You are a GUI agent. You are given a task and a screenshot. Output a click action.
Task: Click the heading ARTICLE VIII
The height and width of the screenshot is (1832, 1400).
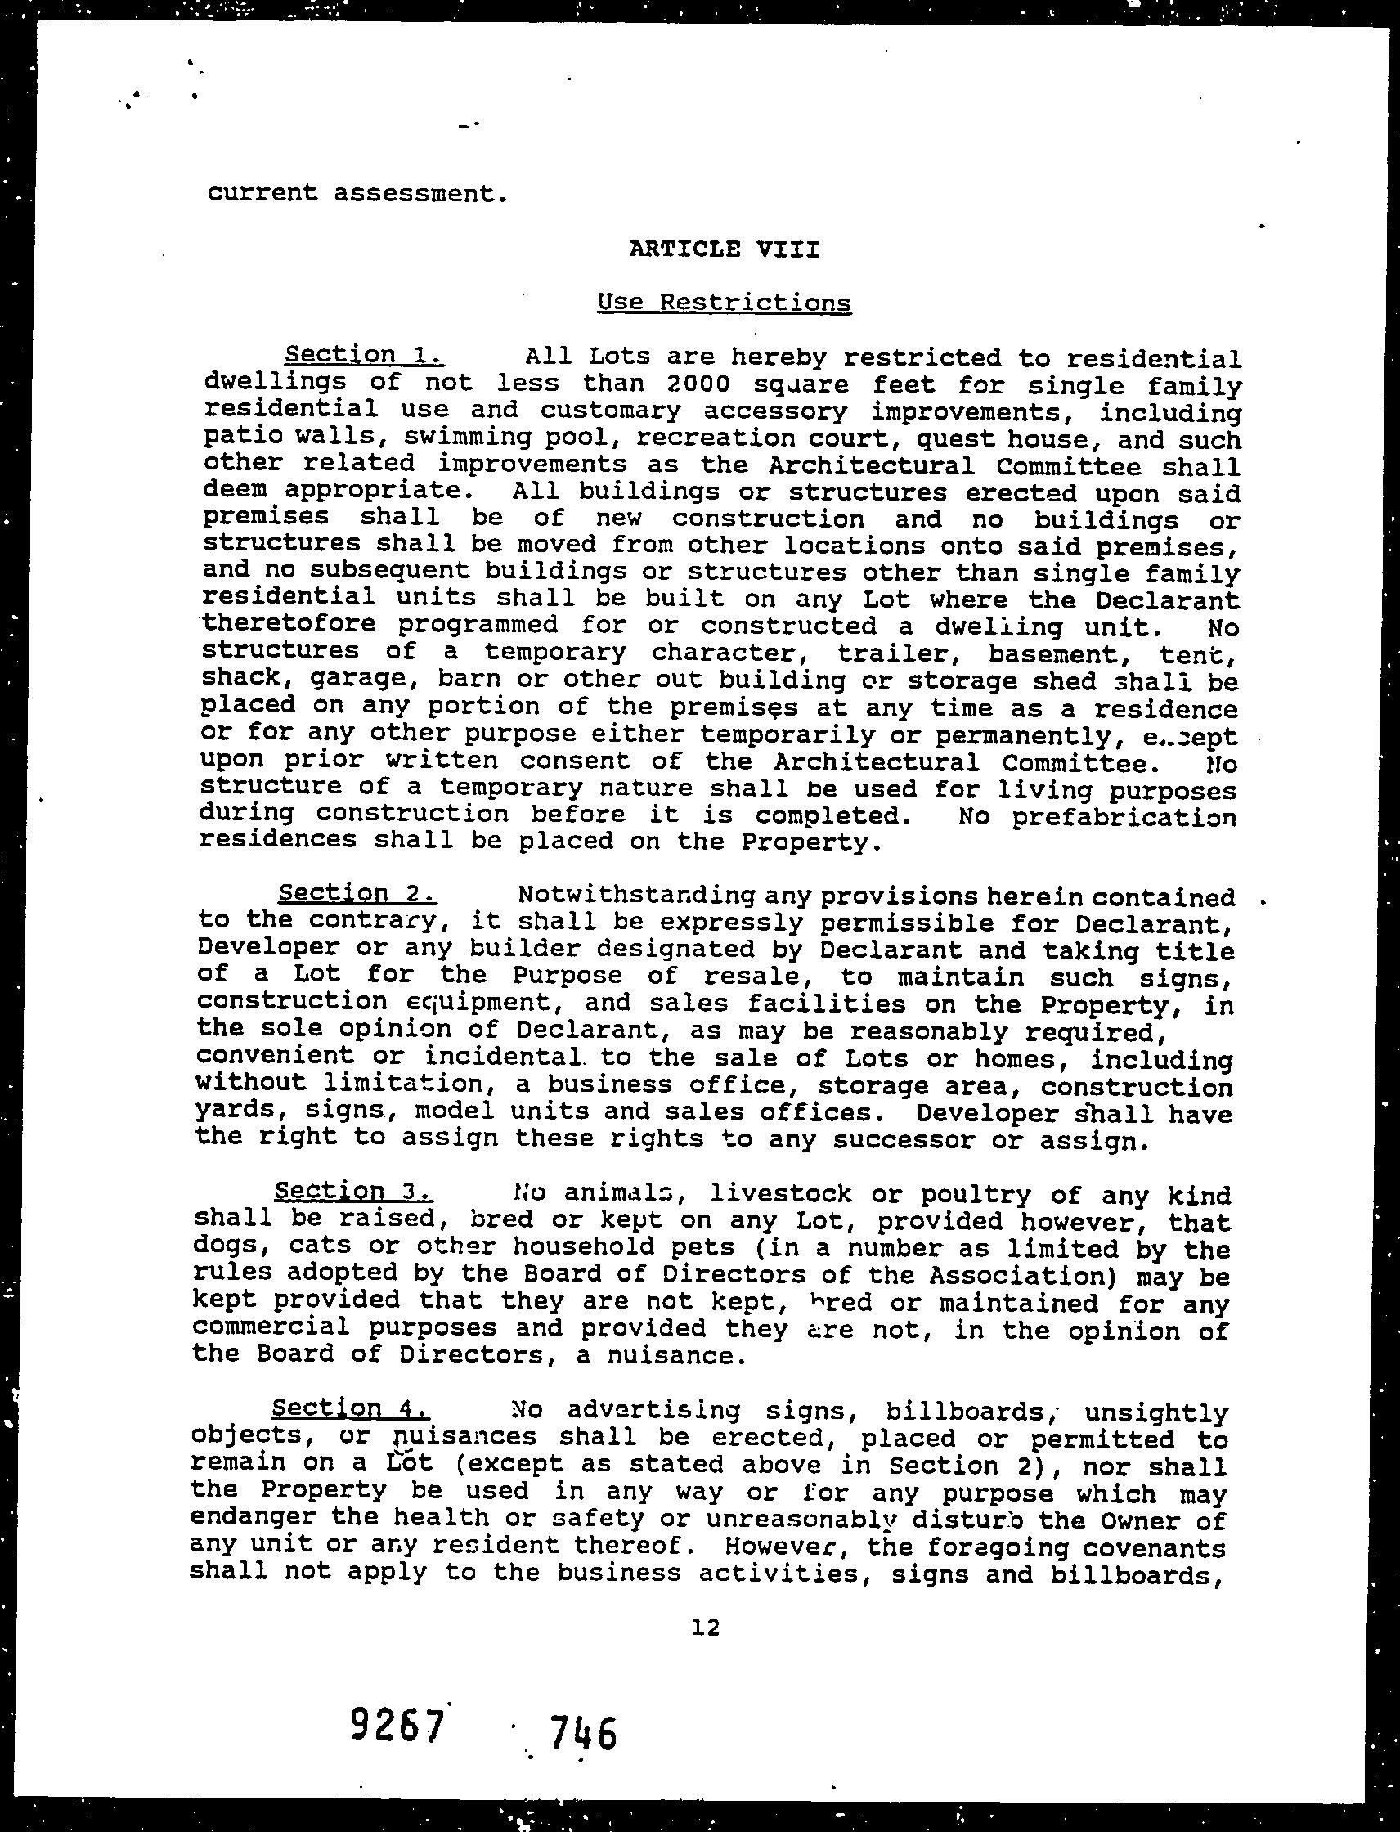[725, 249]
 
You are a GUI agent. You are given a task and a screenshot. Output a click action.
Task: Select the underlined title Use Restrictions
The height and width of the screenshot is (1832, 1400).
[725, 302]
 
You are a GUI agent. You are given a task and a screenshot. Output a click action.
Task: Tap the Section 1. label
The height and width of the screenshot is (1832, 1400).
[363, 355]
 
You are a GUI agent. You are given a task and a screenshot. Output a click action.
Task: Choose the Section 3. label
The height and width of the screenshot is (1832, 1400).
[352, 1191]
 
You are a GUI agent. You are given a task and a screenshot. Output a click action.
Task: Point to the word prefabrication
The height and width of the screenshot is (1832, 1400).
[1124, 818]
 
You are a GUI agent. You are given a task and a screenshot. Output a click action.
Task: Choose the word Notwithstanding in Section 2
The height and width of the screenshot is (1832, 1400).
[637, 896]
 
